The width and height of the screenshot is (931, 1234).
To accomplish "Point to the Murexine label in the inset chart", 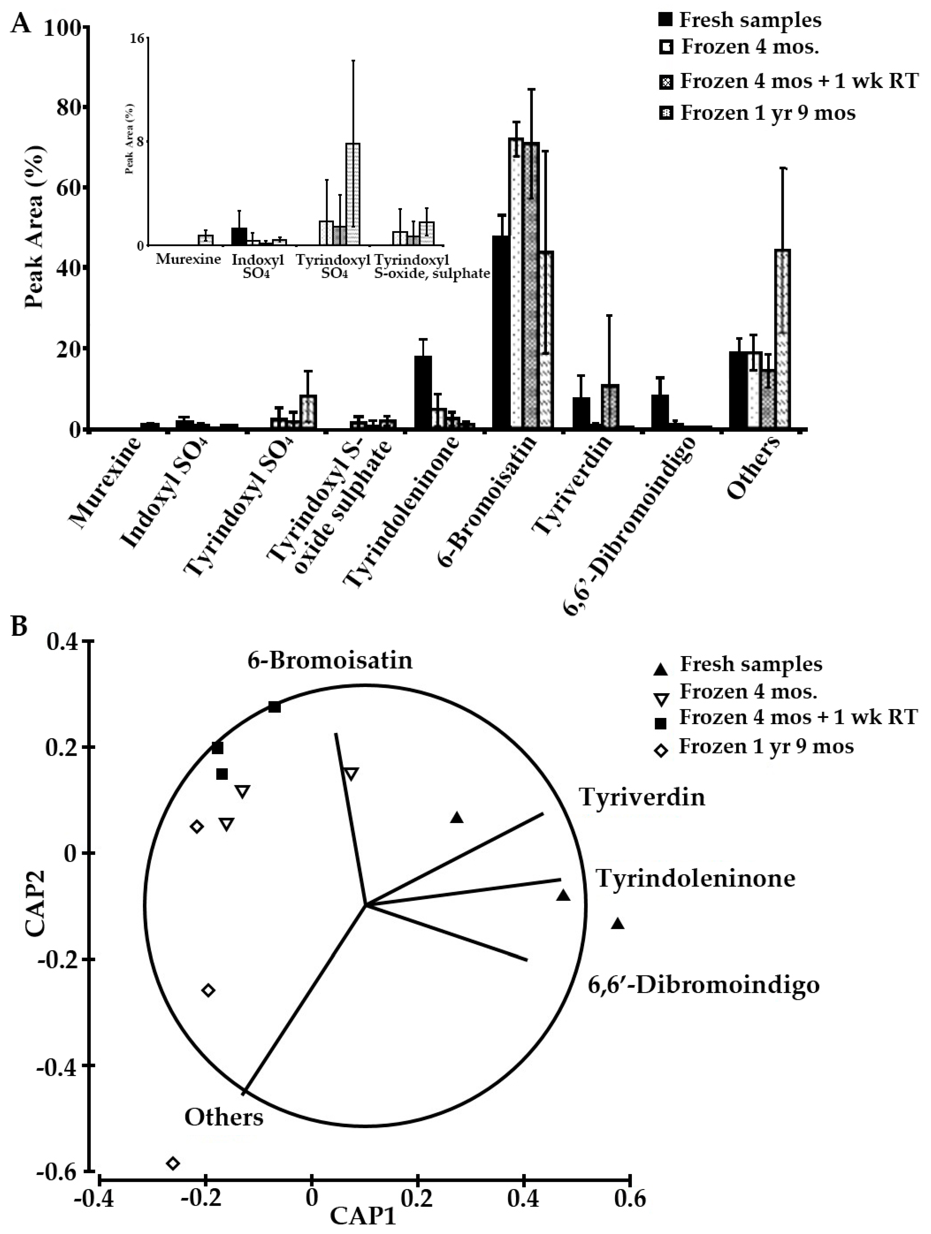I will pyautogui.click(x=188, y=260).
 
